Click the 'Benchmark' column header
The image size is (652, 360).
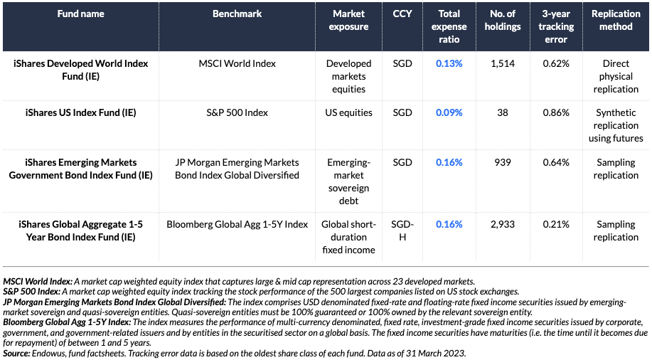[x=237, y=14]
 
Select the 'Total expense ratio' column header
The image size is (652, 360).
[x=449, y=26]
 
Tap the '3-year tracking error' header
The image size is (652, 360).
[x=556, y=26]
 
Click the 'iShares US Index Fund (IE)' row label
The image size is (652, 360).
[x=80, y=112]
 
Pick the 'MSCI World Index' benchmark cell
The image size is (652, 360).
[x=237, y=63]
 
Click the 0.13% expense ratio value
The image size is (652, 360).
[x=449, y=63]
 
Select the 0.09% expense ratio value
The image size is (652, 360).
[x=449, y=112]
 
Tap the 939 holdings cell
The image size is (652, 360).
[x=503, y=162]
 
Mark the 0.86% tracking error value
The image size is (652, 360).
[x=556, y=112]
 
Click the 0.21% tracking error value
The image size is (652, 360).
[x=556, y=224]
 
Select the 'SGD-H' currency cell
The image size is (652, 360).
[x=402, y=231]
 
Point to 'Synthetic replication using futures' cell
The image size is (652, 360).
[x=616, y=125]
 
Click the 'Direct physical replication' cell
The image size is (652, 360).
[x=616, y=76]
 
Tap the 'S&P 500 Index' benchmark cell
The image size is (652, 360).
[x=237, y=112]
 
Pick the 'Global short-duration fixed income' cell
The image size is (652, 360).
[x=349, y=237]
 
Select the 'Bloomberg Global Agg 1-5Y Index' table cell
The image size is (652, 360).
[x=237, y=224]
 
